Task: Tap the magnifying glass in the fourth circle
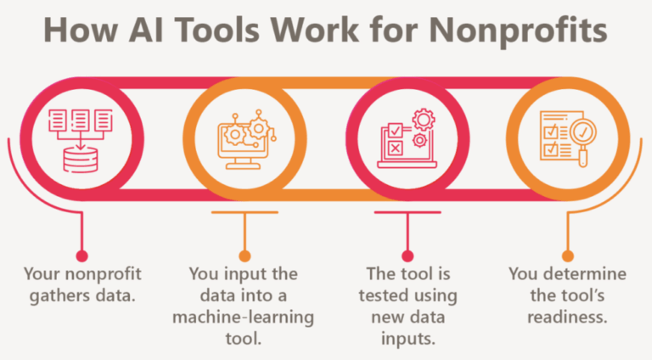(x=582, y=134)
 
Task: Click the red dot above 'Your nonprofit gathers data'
(x=81, y=255)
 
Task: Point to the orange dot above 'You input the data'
(x=244, y=255)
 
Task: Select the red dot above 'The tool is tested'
(x=407, y=255)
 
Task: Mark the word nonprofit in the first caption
(x=104, y=275)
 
